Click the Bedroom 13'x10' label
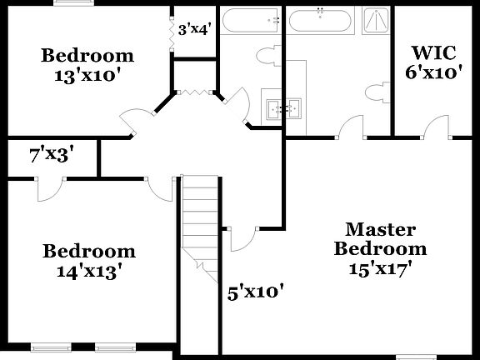(x=87, y=64)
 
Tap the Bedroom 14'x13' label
(x=89, y=260)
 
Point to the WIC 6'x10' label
(x=432, y=62)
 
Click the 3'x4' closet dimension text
(x=194, y=29)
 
